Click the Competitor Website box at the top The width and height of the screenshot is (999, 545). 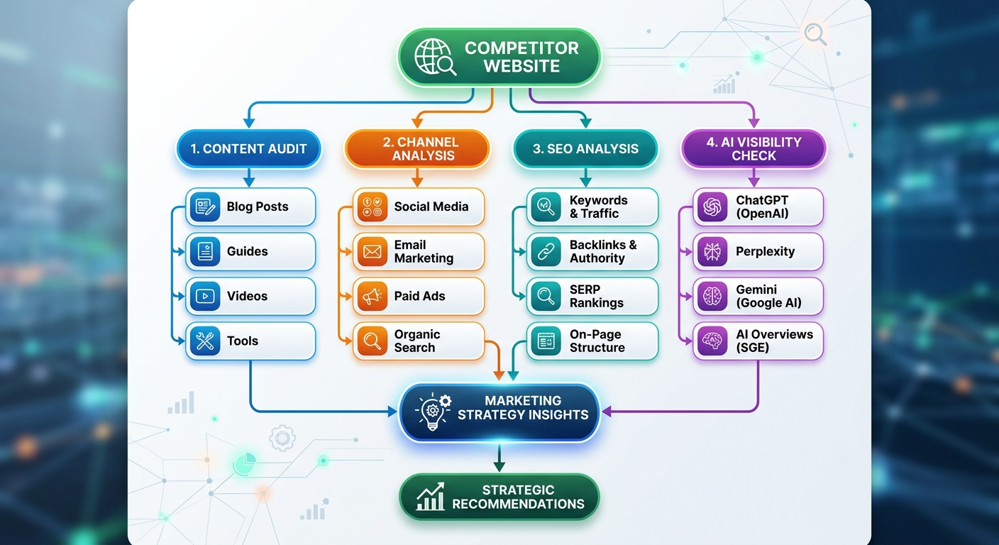coord(499,57)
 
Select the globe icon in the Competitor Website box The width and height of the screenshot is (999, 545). coord(434,57)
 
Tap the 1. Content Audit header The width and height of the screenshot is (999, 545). coord(248,148)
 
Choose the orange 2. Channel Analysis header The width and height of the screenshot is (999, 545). coord(417,148)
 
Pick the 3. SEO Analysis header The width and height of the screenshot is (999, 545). coord(585,148)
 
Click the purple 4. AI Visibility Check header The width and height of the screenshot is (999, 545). coord(754,148)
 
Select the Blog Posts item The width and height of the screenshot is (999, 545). coord(250,207)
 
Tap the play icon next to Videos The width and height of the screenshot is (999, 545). coord(205,296)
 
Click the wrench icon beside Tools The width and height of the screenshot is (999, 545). coord(205,341)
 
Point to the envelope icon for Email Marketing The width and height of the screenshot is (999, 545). coord(372,251)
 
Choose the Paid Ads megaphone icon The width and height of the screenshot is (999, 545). coord(372,297)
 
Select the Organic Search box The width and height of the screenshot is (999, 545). coord(419,341)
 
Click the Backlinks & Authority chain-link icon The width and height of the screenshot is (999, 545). coord(546,251)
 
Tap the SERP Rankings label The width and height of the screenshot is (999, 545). coord(596,296)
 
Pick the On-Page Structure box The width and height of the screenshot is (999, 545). coord(592,341)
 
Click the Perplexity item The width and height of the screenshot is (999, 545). coord(758,251)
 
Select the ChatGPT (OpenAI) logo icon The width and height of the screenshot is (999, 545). coord(712,207)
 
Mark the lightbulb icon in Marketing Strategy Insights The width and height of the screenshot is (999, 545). coord(434,412)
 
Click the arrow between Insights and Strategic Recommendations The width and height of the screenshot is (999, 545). coord(499,458)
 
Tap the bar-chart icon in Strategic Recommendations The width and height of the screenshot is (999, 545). coord(430,497)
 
